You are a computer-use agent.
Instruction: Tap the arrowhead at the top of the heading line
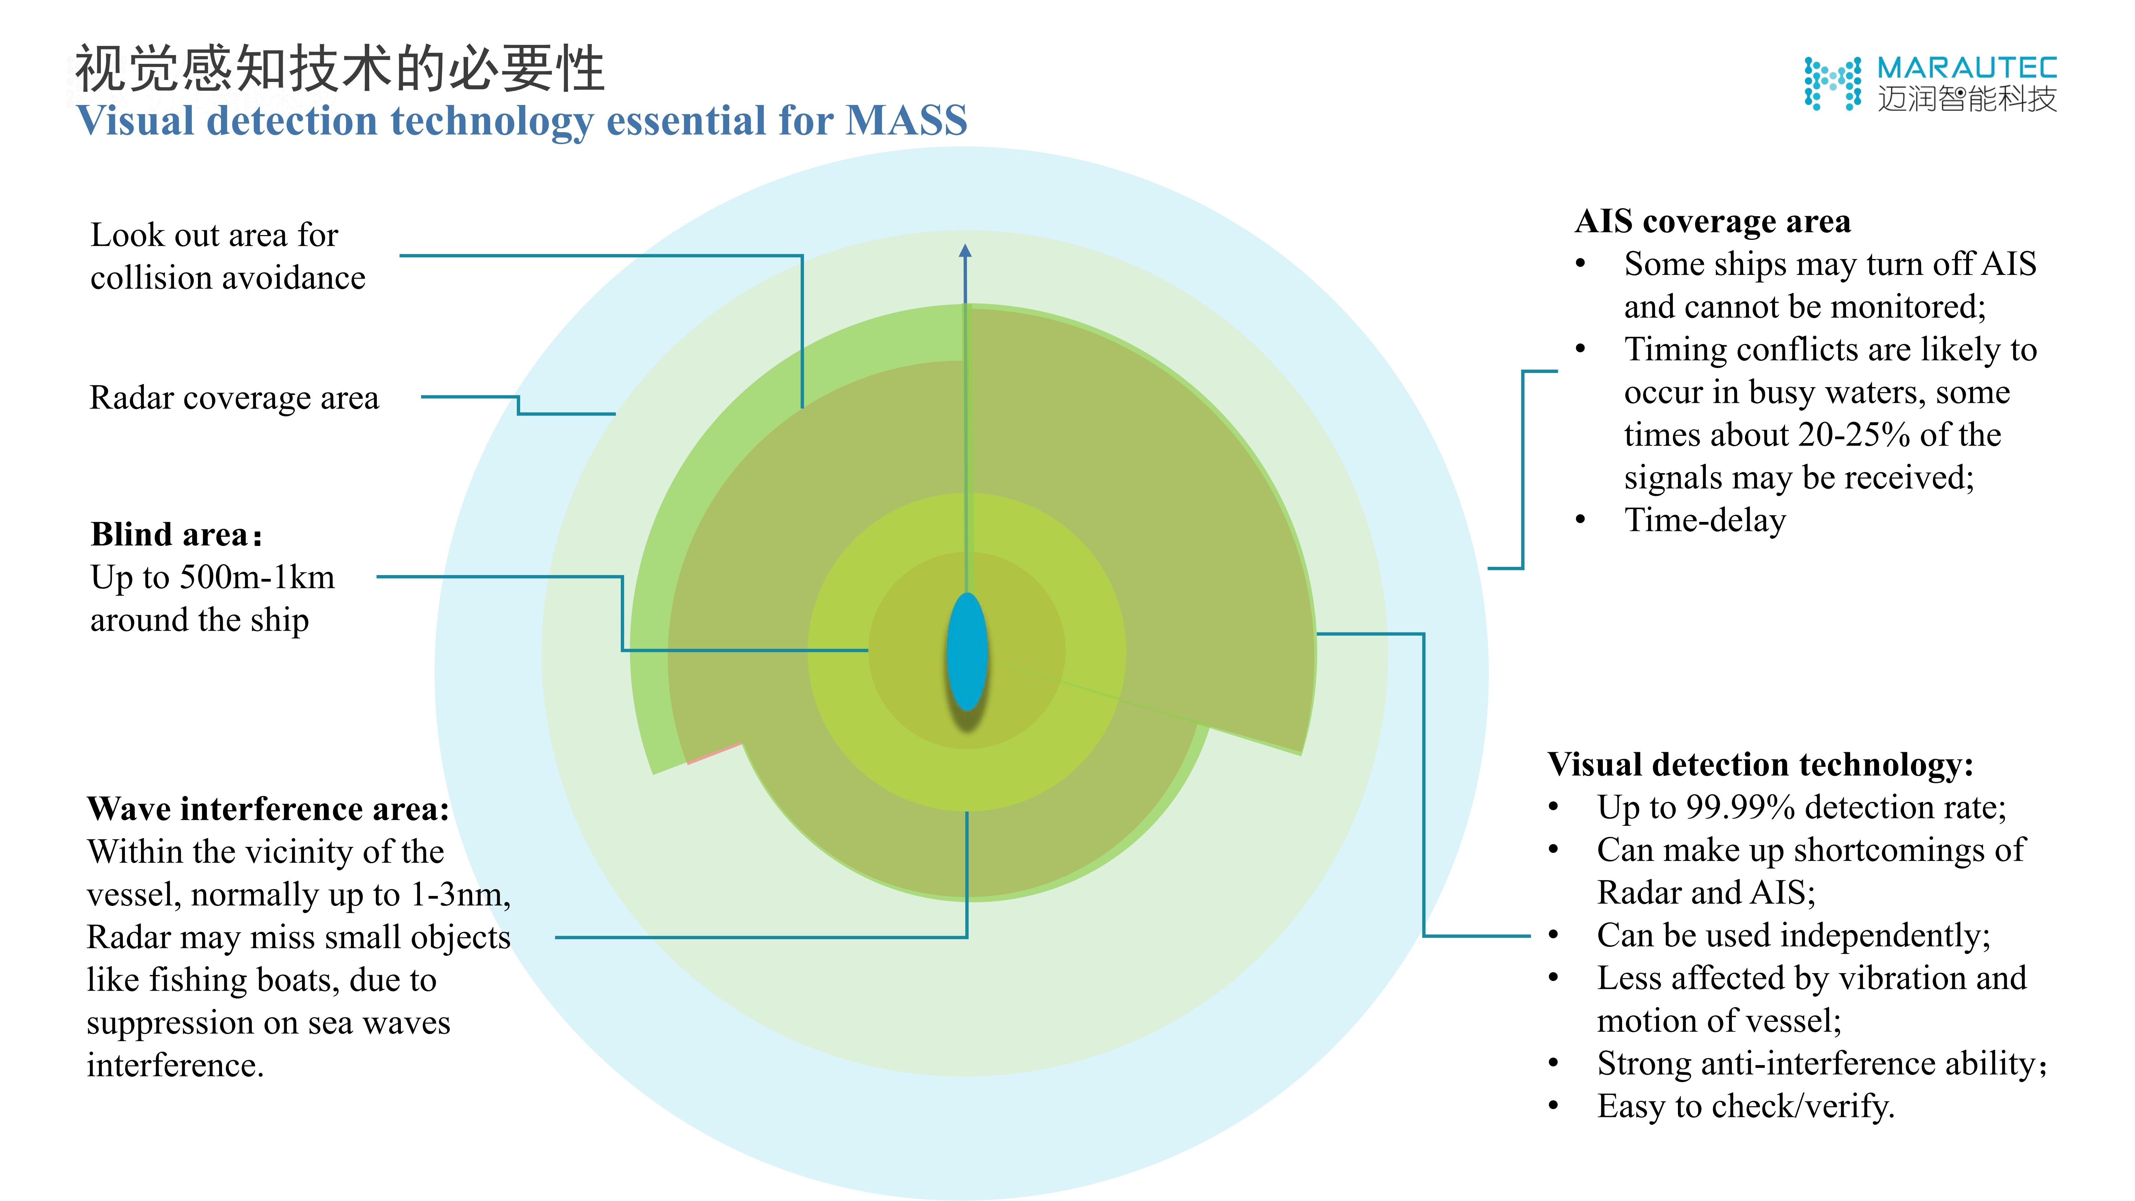(x=965, y=250)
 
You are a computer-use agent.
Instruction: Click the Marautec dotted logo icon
(x=1832, y=83)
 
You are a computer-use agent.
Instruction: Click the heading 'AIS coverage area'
(x=1712, y=221)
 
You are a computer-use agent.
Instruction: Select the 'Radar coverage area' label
(x=234, y=398)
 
